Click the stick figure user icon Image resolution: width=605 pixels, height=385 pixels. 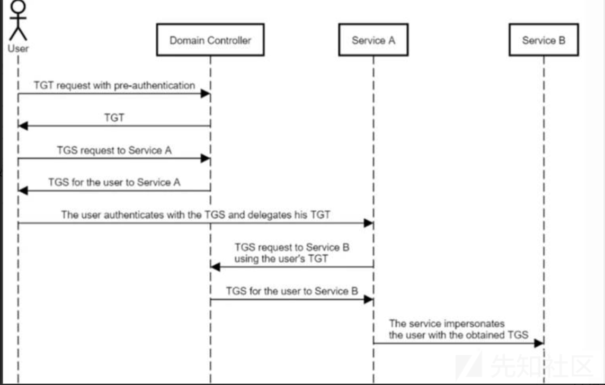coord(18,21)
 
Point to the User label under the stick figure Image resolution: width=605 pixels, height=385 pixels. coord(18,49)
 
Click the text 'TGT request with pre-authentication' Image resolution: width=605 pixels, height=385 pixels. coord(114,85)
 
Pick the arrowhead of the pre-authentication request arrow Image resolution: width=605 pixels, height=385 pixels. coord(205,94)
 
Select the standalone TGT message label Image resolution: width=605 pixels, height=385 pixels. coord(114,118)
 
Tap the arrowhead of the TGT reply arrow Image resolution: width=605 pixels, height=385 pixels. coord(23,126)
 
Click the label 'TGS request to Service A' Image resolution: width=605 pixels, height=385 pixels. coord(114,150)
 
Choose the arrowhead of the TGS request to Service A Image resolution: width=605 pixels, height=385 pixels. coord(205,158)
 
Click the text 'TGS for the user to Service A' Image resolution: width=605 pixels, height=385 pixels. coord(114,182)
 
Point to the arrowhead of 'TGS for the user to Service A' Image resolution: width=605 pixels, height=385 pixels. coord(23,191)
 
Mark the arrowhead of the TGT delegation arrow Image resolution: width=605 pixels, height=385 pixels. coord(369,223)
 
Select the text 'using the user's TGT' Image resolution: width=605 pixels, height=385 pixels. coord(281,258)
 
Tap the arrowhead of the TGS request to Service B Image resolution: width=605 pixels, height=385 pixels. coord(215,267)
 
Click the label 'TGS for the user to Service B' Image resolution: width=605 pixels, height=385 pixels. coord(292,291)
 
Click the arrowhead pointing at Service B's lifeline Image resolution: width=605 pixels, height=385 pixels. coord(539,343)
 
